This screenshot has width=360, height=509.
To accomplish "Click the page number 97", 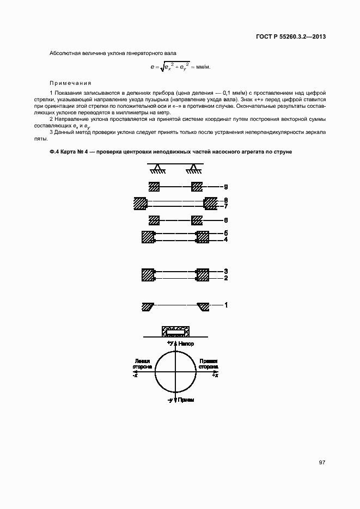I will click(x=322, y=462).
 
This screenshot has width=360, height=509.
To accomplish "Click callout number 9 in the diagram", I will click(x=225, y=186).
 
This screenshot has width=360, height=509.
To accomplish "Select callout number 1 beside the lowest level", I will click(x=225, y=305).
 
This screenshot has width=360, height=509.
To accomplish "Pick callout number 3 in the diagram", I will click(x=225, y=271).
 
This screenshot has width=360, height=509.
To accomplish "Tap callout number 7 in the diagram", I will click(x=225, y=207).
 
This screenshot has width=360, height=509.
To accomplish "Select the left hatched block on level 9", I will click(x=154, y=187).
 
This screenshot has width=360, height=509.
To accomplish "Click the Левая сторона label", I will click(x=142, y=364).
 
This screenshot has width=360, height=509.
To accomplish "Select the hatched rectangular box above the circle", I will click(x=175, y=331).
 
